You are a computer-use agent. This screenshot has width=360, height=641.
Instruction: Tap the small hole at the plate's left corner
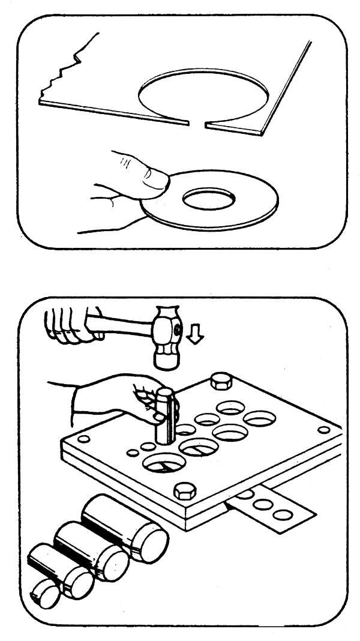[x=84, y=439]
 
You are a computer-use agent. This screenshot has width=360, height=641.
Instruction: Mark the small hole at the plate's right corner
[x=323, y=430]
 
